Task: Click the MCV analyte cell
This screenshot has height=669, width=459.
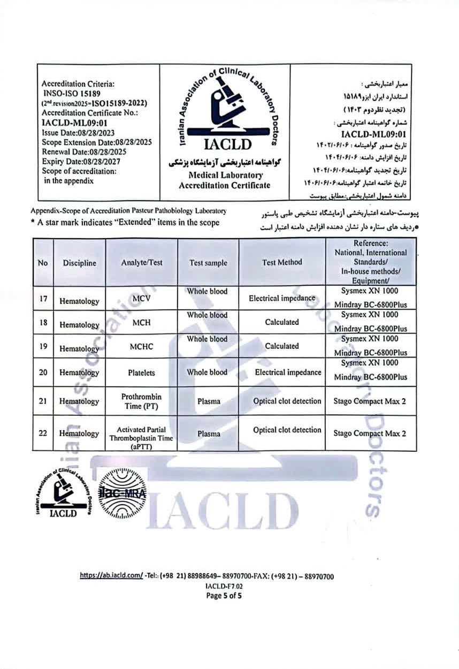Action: click(x=141, y=298)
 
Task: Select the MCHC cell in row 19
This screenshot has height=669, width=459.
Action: click(x=141, y=346)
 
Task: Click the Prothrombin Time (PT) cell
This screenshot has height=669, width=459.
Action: click(x=141, y=401)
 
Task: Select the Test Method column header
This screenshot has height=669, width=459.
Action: click(x=282, y=262)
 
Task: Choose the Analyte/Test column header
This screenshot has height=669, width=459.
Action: click(x=141, y=263)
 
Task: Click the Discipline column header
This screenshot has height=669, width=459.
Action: click(x=79, y=263)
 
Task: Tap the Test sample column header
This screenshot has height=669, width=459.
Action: click(x=208, y=263)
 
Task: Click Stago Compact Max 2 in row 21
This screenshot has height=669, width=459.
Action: click(x=366, y=401)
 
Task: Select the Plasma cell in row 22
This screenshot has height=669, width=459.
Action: click(x=208, y=434)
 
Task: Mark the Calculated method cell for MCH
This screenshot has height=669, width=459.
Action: click(x=282, y=322)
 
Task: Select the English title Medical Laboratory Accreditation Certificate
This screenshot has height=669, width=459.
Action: click(x=225, y=180)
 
